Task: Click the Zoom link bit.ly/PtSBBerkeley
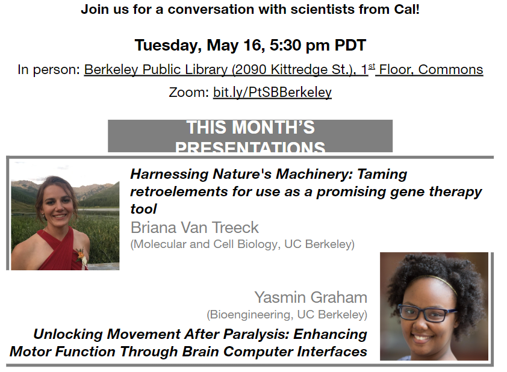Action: tap(272, 92)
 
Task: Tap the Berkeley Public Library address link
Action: tap(225, 69)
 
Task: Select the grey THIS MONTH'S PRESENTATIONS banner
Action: tap(250, 136)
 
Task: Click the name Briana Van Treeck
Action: tap(194, 228)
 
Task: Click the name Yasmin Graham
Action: tap(310, 297)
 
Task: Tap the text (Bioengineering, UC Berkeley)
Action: tap(287, 314)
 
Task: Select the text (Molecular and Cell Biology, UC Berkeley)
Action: tap(242, 244)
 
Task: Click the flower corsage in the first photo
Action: tap(81, 259)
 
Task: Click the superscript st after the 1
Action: tap(372, 66)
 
